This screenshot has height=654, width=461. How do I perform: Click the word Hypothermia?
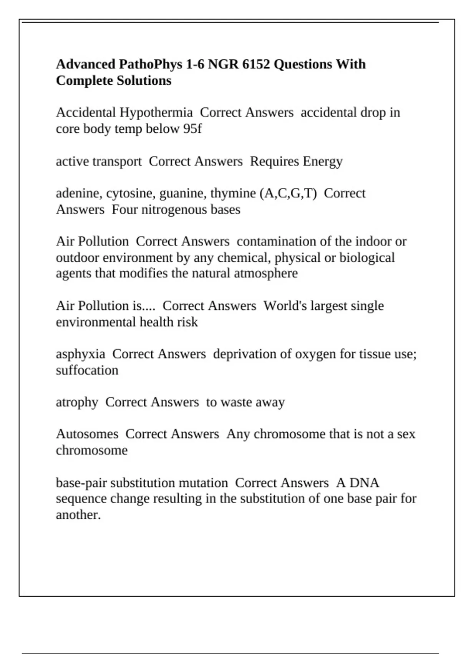click(156, 113)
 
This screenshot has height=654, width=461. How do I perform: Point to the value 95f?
click(192, 129)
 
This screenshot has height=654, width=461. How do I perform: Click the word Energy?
click(322, 162)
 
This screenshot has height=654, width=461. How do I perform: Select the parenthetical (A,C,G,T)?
click(289, 194)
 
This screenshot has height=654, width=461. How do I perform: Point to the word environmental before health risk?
click(96, 322)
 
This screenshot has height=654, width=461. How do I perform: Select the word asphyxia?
click(80, 354)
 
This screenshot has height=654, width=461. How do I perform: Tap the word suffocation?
click(87, 370)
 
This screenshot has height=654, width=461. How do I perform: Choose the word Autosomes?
click(87, 434)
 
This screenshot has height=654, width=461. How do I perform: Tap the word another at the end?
click(78, 515)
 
